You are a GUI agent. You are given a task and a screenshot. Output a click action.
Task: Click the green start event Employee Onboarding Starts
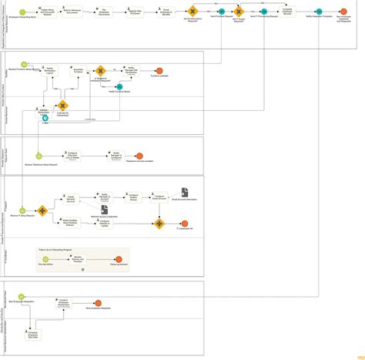[24, 12]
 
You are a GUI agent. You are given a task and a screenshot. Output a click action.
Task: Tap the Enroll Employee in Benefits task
[166, 12]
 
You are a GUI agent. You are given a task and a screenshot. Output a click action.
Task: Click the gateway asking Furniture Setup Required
[192, 12]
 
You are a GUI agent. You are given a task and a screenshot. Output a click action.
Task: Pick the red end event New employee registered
[343, 12]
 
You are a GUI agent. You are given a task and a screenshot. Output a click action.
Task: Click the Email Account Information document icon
[185, 192]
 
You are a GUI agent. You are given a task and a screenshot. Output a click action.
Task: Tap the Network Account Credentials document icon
[104, 210]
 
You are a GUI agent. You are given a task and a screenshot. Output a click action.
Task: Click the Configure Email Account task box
[158, 198]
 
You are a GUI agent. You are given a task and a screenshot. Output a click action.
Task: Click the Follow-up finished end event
[119, 261]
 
